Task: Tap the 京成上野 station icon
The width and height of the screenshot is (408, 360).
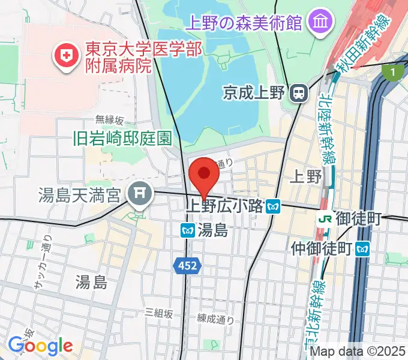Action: [x=298, y=92]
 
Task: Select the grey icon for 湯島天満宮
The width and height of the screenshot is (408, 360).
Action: [x=140, y=193]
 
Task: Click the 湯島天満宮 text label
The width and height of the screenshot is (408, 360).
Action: [x=82, y=194]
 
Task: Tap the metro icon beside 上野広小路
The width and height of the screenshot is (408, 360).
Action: [x=274, y=206]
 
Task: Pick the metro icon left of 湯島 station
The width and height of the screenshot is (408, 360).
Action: [x=187, y=229]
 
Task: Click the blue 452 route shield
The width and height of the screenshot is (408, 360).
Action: [x=187, y=265]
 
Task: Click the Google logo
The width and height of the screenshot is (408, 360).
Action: [x=40, y=346]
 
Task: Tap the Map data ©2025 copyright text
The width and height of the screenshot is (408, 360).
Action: [x=357, y=351]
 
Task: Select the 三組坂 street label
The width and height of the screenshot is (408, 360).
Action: [x=159, y=313]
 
